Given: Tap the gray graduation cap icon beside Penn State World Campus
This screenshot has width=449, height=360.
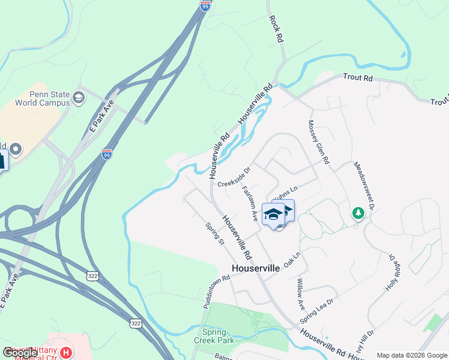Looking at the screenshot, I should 79,97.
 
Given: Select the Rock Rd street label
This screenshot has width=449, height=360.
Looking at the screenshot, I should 276,29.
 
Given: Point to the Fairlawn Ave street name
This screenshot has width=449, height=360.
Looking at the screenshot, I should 250,204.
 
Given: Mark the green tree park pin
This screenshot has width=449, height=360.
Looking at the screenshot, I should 358,214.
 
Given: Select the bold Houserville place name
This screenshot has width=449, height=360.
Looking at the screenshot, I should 256,268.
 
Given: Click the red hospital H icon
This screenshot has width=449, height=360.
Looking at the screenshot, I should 66,352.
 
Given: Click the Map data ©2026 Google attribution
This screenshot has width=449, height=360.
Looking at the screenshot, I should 412,355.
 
